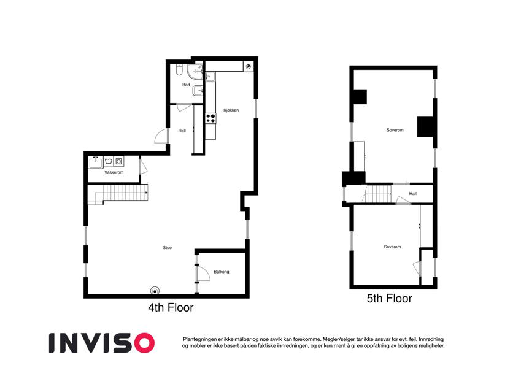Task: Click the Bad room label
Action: coord(186,85)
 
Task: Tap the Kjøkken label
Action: coord(231,110)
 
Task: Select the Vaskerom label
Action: coord(114,172)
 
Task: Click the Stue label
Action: coord(167,247)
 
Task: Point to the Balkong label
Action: coord(222,272)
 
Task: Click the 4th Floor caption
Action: coord(171,307)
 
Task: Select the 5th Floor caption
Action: coord(390,298)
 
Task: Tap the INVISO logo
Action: coord(102,343)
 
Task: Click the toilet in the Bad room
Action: coord(179,69)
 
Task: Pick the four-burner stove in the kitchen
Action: coord(210,118)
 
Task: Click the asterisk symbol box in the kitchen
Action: coord(248,67)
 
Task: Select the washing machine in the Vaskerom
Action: coord(118,162)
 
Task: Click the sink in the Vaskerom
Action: coord(96,163)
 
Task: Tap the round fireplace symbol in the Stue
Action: coord(155,291)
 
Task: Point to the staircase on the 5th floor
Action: coord(379,194)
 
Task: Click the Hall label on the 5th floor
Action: coord(412,194)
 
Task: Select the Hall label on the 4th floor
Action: coord(182,131)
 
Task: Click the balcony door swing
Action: coord(203,273)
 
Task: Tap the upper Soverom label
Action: coord(395,130)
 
